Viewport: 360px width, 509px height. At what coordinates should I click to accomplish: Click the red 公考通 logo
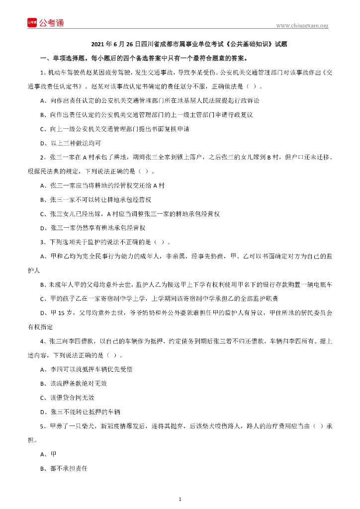45,23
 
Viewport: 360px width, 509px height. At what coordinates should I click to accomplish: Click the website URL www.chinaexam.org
302,26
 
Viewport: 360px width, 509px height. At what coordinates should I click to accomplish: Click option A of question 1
150,100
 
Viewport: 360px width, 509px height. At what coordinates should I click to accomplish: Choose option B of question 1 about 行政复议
147,115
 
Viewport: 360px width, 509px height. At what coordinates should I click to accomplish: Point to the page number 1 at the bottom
180,499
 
